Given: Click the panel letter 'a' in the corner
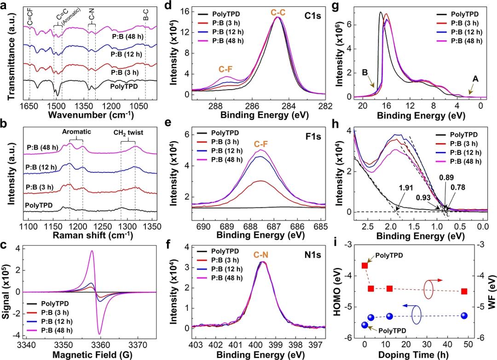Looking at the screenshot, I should click(5, 6).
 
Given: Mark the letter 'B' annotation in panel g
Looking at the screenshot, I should click(364, 72).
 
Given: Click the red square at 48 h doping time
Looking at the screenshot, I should click(464, 291).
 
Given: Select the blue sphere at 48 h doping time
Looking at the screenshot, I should click(464, 315).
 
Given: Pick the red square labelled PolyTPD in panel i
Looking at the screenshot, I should click(365, 265).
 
